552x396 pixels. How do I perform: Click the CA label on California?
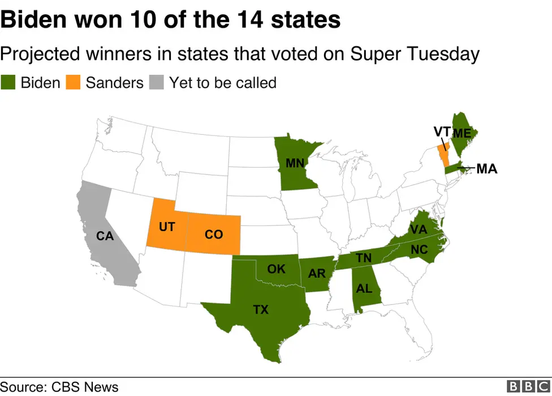[105, 236]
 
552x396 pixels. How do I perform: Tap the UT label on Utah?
[167, 227]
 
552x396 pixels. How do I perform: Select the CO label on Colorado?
[214, 233]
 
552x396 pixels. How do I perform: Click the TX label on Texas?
[261, 309]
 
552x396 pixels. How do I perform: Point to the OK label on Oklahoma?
[276, 269]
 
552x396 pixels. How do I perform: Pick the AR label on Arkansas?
[317, 274]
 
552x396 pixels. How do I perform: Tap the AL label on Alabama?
[364, 288]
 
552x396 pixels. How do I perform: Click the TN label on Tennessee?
[364, 258]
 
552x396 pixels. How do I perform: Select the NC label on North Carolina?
[419, 249]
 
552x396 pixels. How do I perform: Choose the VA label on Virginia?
[418, 229]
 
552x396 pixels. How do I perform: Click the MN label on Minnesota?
[295, 164]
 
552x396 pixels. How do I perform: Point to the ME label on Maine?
[462, 134]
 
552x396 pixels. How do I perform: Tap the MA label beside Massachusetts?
[487, 168]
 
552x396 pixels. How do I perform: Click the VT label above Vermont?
[442, 132]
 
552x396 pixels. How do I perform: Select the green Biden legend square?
[8, 82]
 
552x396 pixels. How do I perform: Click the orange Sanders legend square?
[73, 82]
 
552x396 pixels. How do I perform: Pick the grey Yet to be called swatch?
[157, 82]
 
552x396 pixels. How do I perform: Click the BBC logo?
[528, 386]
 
